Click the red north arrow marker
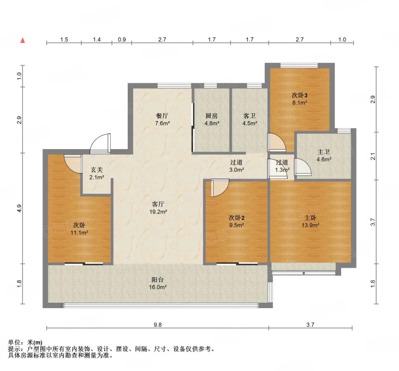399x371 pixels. [22, 40]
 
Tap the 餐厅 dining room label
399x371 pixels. [162, 116]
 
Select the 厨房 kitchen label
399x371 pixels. [211, 116]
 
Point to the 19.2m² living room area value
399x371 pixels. [158, 211]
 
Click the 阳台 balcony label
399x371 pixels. [158, 280]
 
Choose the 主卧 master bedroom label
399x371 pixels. [310, 217]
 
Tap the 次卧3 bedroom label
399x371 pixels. [300, 95]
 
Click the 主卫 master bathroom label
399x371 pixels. [324, 152]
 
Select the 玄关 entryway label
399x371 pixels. [97, 170]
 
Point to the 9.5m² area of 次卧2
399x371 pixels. [236, 225]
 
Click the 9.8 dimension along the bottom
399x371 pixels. [158, 325]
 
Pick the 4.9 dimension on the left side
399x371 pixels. [20, 208]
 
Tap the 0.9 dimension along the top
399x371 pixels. [122, 39]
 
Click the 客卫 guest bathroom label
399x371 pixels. [249, 116]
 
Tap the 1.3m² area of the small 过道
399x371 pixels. [282, 170]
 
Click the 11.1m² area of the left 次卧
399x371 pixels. [79, 232]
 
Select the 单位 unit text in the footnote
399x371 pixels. [14, 343]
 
